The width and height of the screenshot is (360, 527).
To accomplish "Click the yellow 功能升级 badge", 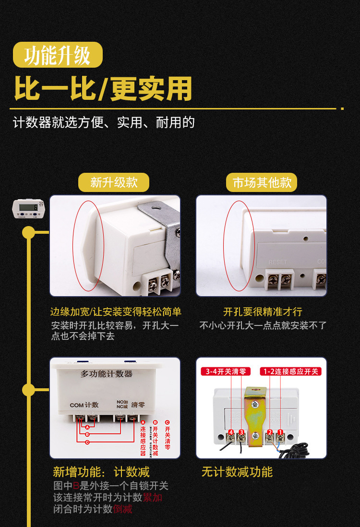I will pos(58,55).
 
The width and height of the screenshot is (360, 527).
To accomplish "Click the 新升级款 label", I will pos(114,183).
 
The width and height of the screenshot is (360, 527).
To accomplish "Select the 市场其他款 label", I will pos(262,183).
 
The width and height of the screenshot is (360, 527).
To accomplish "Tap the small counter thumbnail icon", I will pos(28,210).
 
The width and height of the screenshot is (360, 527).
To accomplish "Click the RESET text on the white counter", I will pos(278,262).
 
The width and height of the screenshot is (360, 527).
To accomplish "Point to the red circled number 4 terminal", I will pos(231,433).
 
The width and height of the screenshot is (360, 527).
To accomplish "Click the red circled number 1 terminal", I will pos(280,433).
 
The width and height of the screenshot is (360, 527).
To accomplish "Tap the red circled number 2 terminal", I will pos(270,433).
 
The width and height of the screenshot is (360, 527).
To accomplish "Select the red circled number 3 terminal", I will pos(241,433).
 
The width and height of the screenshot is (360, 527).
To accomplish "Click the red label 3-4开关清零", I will pos(226,371).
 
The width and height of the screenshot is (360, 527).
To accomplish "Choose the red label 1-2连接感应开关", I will pos(290,371).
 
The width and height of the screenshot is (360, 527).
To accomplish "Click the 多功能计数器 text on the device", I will pos(107,373).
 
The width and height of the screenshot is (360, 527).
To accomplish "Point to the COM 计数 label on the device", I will pos(84,405).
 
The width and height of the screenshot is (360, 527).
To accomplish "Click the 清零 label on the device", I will pos(138,405).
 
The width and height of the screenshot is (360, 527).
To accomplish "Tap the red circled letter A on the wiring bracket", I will pos(87,427).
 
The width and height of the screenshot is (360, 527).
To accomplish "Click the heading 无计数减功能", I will pos(237,472).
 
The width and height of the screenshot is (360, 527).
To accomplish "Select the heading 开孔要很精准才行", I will pos(263,312).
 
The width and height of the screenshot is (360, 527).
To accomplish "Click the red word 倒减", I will pos(123,509).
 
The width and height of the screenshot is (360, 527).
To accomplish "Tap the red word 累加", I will pos(153,497).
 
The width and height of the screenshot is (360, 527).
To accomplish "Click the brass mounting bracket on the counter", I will pos(255,413).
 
